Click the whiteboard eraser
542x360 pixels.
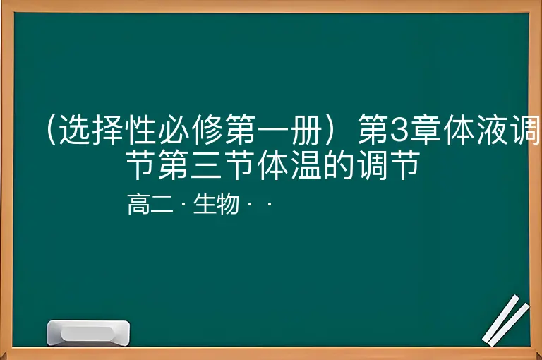(x=88, y=333)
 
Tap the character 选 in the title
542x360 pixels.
(x=75, y=129)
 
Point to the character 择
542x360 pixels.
(x=108, y=129)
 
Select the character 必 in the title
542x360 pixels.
(x=174, y=129)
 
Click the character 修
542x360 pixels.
(x=207, y=129)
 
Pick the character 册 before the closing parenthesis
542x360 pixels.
(x=307, y=129)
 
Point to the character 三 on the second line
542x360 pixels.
(x=206, y=164)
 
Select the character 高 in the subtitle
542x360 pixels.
(x=139, y=204)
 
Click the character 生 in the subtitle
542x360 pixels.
(x=205, y=204)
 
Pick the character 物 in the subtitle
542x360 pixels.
(x=228, y=204)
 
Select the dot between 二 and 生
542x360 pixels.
(x=183, y=204)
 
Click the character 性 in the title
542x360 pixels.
(x=141, y=129)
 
